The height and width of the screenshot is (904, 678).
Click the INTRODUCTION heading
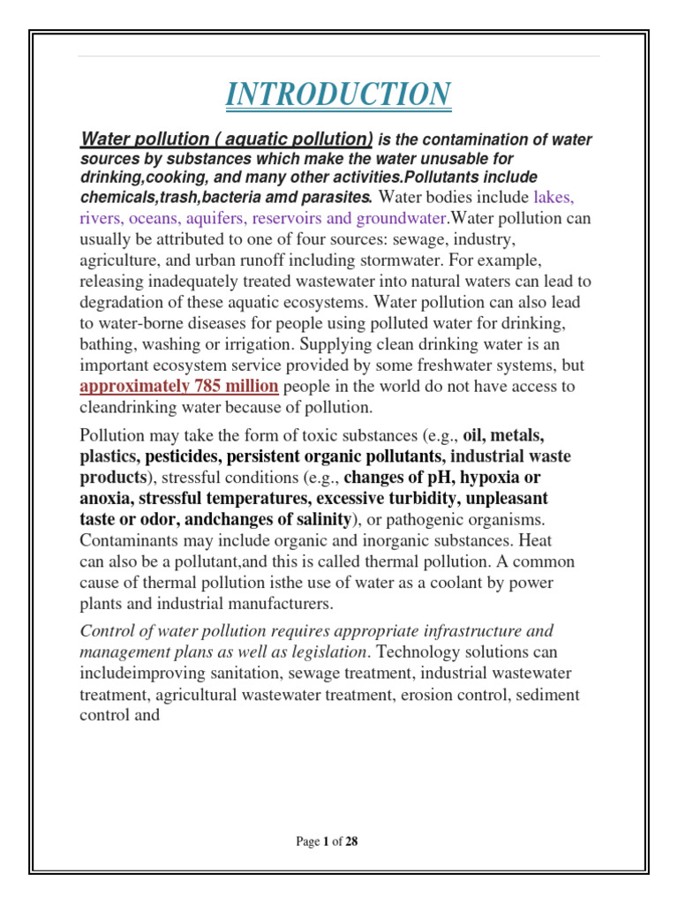(x=338, y=94)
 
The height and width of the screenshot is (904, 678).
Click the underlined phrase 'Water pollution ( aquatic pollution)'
(x=227, y=139)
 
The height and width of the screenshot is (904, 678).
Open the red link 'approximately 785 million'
(x=179, y=386)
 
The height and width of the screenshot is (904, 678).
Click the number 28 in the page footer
(x=351, y=841)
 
